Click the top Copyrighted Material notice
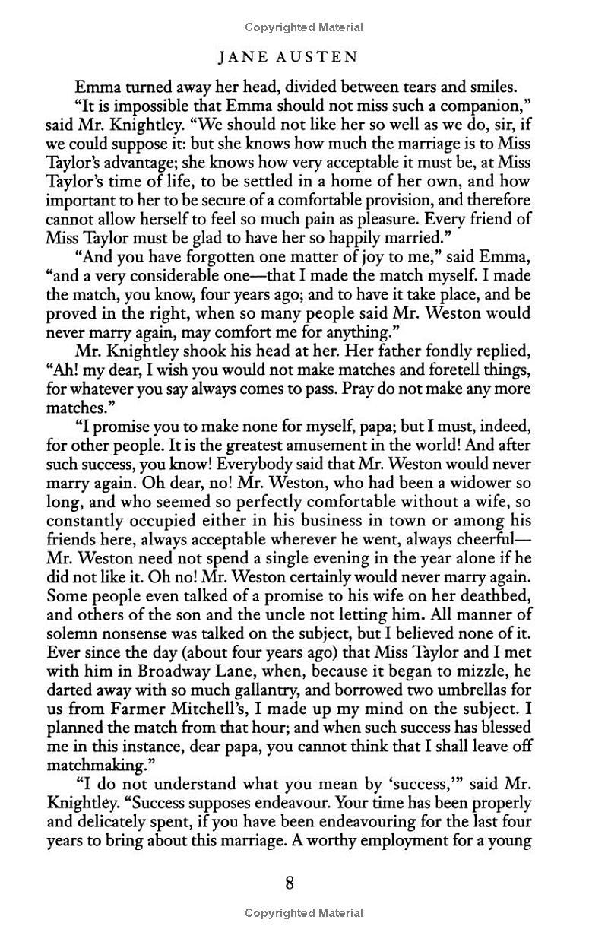point(304,27)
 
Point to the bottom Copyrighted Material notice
point(304,912)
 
